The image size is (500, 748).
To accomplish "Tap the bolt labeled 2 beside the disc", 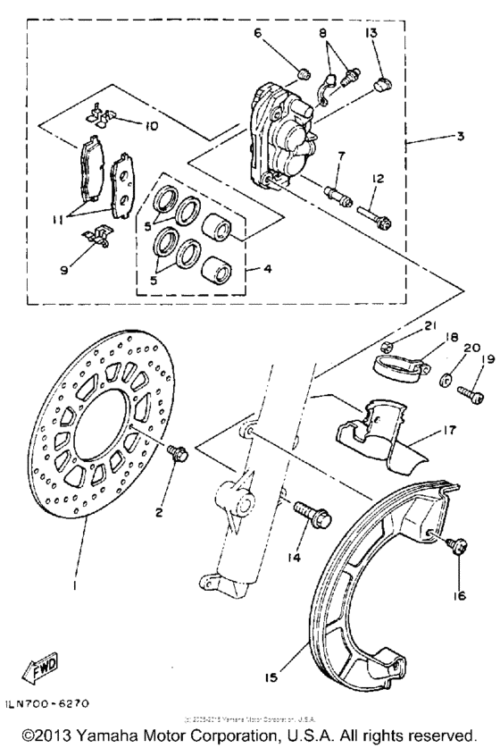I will [x=177, y=454].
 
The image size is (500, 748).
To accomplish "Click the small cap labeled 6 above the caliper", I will [x=302, y=71].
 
